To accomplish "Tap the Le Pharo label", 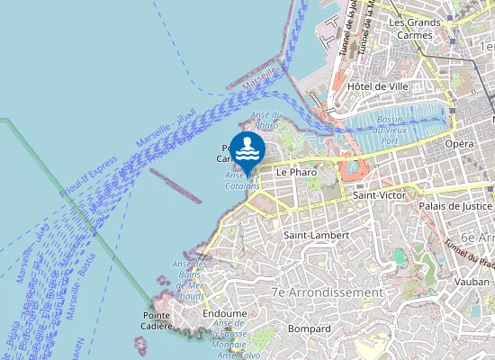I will pos(293,171).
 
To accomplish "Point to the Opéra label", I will pos(458,144).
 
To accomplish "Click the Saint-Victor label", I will pos(380,194).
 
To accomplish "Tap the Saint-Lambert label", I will pos(310,235).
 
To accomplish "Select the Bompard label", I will pos(310,328).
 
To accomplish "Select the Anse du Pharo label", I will pos(266,119).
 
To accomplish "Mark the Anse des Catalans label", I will pos(242,180).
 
